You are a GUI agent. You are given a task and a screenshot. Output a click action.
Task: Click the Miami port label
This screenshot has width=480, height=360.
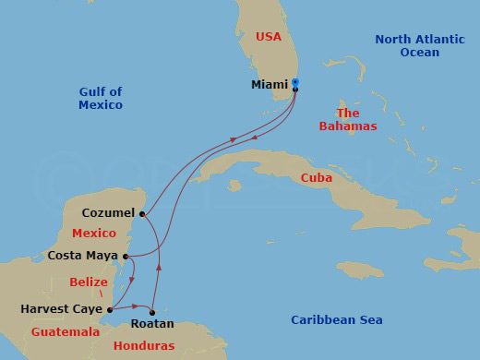(269, 85)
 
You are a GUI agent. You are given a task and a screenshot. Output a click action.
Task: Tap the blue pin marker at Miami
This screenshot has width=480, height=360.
(295, 83)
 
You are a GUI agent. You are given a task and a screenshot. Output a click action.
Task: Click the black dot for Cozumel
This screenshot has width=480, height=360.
(142, 214)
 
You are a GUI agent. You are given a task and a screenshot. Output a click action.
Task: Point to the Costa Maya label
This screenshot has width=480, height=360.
(82, 256)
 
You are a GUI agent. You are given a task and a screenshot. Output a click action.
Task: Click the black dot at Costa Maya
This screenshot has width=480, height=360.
(124, 257)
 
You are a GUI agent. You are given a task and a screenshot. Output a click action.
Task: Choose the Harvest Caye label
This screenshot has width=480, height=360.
(61, 309)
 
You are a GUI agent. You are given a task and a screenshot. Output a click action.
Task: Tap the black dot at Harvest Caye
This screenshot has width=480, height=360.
(110, 310)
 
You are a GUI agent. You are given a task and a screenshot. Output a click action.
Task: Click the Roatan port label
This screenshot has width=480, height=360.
(152, 324)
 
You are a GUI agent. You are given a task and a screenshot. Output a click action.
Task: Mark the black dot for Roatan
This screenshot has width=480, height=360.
(152, 312)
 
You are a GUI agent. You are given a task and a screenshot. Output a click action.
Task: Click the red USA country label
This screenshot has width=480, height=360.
(268, 37)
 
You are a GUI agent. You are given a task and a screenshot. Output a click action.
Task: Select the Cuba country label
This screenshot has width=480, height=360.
(317, 178)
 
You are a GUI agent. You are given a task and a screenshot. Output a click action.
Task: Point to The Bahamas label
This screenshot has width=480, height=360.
(348, 119)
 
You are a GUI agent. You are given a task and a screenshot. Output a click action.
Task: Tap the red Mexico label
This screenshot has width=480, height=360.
(94, 234)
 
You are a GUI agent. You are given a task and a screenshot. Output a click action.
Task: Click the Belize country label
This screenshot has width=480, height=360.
(90, 282)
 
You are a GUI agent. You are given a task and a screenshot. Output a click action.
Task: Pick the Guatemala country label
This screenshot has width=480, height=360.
(66, 331)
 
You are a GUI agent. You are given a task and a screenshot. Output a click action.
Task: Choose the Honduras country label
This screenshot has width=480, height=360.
(144, 346)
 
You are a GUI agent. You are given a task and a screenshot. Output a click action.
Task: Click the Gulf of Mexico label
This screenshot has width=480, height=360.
(101, 99)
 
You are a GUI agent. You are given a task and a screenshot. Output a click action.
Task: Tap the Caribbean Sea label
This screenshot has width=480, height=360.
(337, 320)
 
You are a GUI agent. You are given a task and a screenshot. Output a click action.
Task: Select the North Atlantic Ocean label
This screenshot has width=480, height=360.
(419, 45)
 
